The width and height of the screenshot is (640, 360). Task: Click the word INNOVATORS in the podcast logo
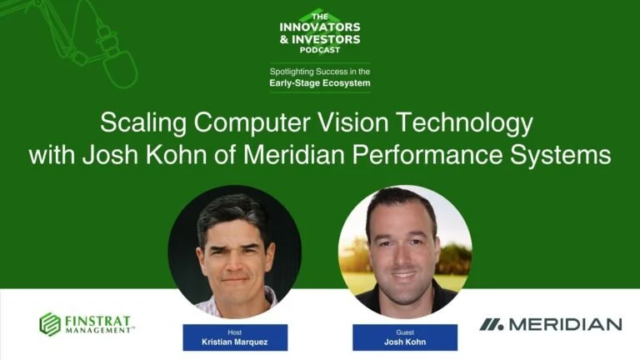click(x=319, y=27)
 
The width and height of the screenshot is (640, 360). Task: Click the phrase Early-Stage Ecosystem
click(x=319, y=83)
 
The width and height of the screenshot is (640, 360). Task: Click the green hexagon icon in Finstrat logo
click(x=50, y=324)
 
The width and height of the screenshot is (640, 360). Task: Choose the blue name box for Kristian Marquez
click(x=234, y=337)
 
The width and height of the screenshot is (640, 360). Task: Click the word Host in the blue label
click(x=234, y=331)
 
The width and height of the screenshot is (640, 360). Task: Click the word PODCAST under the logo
click(x=319, y=49)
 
